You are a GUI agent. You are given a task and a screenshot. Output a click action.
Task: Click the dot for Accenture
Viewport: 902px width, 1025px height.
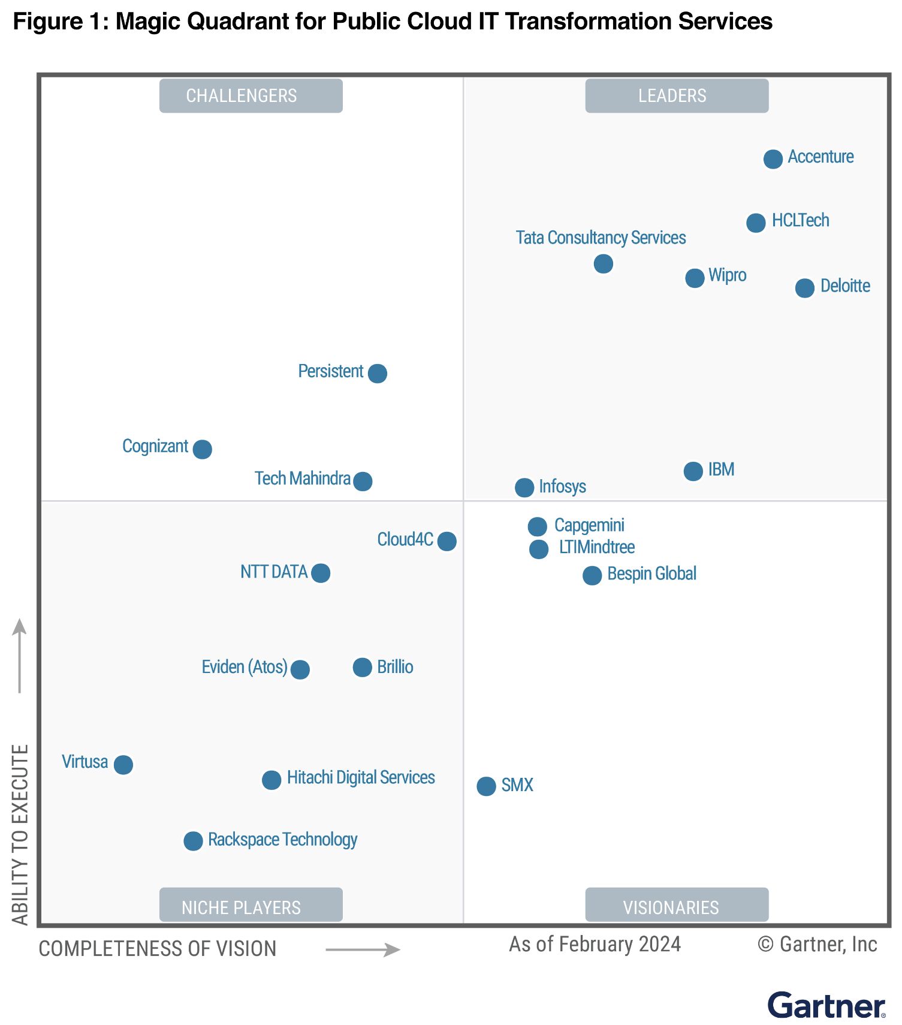click(x=773, y=159)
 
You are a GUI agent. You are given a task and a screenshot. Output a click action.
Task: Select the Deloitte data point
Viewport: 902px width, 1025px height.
click(x=804, y=288)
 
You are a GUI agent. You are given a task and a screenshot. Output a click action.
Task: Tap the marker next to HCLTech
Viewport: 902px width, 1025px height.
click(x=756, y=223)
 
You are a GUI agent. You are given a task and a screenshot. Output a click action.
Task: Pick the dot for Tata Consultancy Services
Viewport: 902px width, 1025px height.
click(x=603, y=263)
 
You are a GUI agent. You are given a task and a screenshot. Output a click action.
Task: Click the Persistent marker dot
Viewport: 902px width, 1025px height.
click(x=377, y=373)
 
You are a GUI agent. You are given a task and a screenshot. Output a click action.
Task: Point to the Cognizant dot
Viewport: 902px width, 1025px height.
click(x=202, y=449)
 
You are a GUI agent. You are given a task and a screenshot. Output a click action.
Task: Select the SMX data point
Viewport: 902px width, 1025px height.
click(x=486, y=786)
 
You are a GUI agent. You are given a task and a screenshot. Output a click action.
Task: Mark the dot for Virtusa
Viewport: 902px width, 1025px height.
click(x=123, y=765)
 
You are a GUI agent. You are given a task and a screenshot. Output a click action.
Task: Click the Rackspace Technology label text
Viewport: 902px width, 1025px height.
click(x=282, y=840)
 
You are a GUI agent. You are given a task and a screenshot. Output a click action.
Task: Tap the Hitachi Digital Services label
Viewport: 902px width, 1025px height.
click(x=361, y=777)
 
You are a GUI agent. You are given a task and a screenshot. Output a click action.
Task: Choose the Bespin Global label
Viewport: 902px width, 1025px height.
click(x=651, y=573)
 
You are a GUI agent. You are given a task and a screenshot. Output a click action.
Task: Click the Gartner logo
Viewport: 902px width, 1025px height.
click(x=826, y=1005)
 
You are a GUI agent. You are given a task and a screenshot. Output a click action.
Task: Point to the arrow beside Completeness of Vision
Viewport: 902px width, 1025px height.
click(x=363, y=949)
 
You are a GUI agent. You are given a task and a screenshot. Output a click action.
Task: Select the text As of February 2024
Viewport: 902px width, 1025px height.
click(x=595, y=944)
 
